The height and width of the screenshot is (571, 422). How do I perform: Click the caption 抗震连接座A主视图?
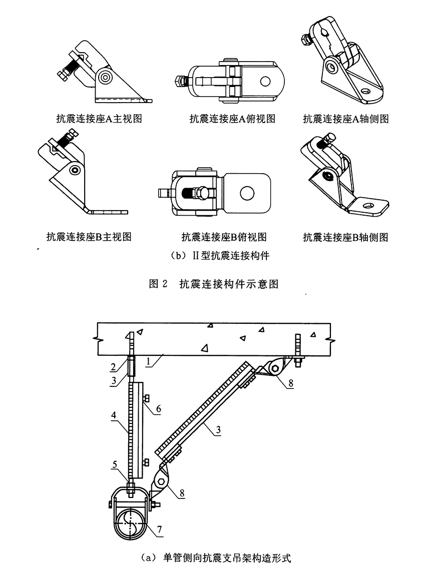[x=99, y=119]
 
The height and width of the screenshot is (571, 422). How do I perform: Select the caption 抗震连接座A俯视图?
[x=232, y=119]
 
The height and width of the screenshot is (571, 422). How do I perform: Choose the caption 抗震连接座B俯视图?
[x=224, y=237]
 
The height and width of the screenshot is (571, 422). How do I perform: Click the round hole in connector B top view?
[x=247, y=192]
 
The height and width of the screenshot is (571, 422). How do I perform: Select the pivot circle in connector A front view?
[x=106, y=77]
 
